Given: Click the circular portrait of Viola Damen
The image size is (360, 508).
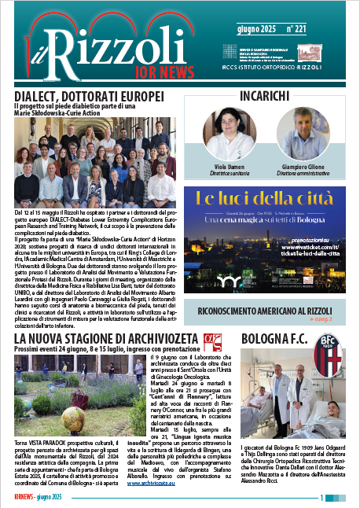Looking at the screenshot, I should pos(230,134).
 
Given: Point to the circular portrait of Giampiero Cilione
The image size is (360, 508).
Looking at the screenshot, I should pos(303,134).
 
